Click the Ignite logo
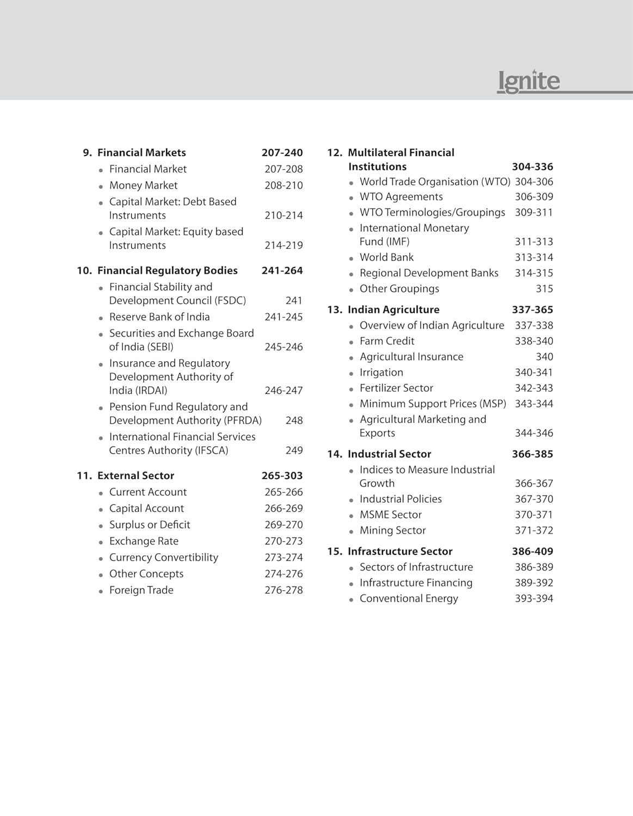pos(528,82)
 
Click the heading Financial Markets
pos(142,153)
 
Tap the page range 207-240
pos(282,153)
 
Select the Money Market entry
pos(143,186)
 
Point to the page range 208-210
pos(284,186)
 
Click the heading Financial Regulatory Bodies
pos(167,271)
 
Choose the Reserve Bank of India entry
pos(159,317)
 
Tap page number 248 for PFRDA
pos(294,421)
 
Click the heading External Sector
pos(136,476)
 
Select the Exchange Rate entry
pos(144,541)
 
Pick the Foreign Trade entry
pos(141,590)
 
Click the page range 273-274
pos(284,558)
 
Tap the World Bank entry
pos(386,257)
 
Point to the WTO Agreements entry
pos(401,197)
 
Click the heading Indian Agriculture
pos(394,310)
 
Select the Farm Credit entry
pos(387,341)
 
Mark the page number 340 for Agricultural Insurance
pos(544,357)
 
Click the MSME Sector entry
pos(390,515)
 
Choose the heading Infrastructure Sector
pos(400,552)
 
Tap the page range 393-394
pos(534,598)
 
